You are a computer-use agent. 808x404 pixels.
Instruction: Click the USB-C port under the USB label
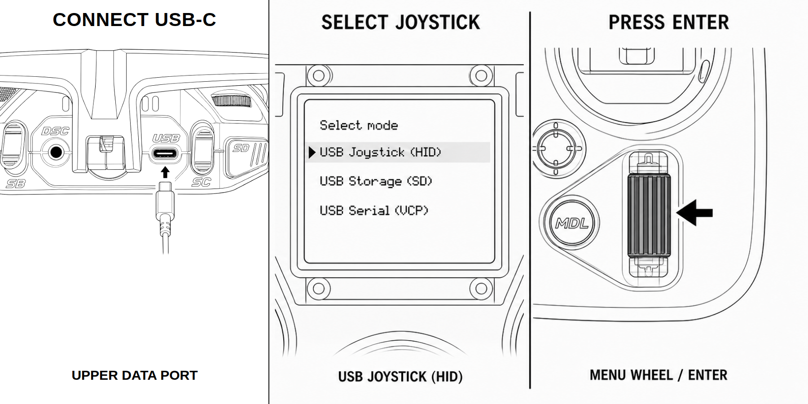point(165,154)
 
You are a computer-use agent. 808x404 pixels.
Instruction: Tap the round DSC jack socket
point(56,153)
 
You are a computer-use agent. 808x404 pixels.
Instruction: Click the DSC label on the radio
point(55,131)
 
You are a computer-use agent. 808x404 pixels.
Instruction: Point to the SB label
point(16,184)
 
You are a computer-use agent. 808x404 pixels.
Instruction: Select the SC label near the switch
point(201,182)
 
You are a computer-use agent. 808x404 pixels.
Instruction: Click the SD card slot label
point(241,148)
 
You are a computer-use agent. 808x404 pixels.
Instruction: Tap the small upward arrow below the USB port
point(165,172)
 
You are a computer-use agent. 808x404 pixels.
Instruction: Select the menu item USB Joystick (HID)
point(381,153)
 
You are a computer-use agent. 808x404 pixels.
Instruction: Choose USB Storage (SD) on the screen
point(376,181)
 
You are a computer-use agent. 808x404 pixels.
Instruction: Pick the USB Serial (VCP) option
point(374,210)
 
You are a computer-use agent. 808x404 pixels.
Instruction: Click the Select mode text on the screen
point(359,125)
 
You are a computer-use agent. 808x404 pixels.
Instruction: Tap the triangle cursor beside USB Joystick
point(312,153)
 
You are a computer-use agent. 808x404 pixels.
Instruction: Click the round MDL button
point(571,223)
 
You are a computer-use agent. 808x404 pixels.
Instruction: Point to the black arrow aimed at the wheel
point(694,212)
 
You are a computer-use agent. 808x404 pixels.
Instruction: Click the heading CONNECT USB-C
point(135,20)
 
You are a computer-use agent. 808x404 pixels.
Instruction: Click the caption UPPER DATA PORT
point(135,375)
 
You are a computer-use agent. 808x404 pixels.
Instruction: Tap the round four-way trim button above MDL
point(556,148)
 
